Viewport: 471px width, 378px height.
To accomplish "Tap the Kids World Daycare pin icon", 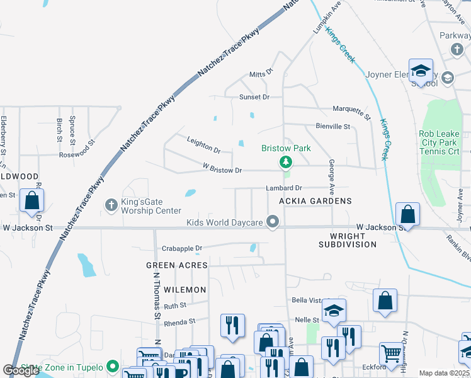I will coord(273,222).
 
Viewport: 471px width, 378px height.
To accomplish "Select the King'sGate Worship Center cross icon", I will coord(111,204).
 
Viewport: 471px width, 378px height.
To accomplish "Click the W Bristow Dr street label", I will coord(222,170).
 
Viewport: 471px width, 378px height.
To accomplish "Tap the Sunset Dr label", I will coord(254,97).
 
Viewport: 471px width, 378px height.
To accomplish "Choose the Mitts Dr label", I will coord(260,73).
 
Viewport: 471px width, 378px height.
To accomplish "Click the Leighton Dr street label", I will coord(203,146).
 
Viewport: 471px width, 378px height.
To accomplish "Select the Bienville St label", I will coord(332,127).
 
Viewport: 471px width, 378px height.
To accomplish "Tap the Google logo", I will coord(21,370).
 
